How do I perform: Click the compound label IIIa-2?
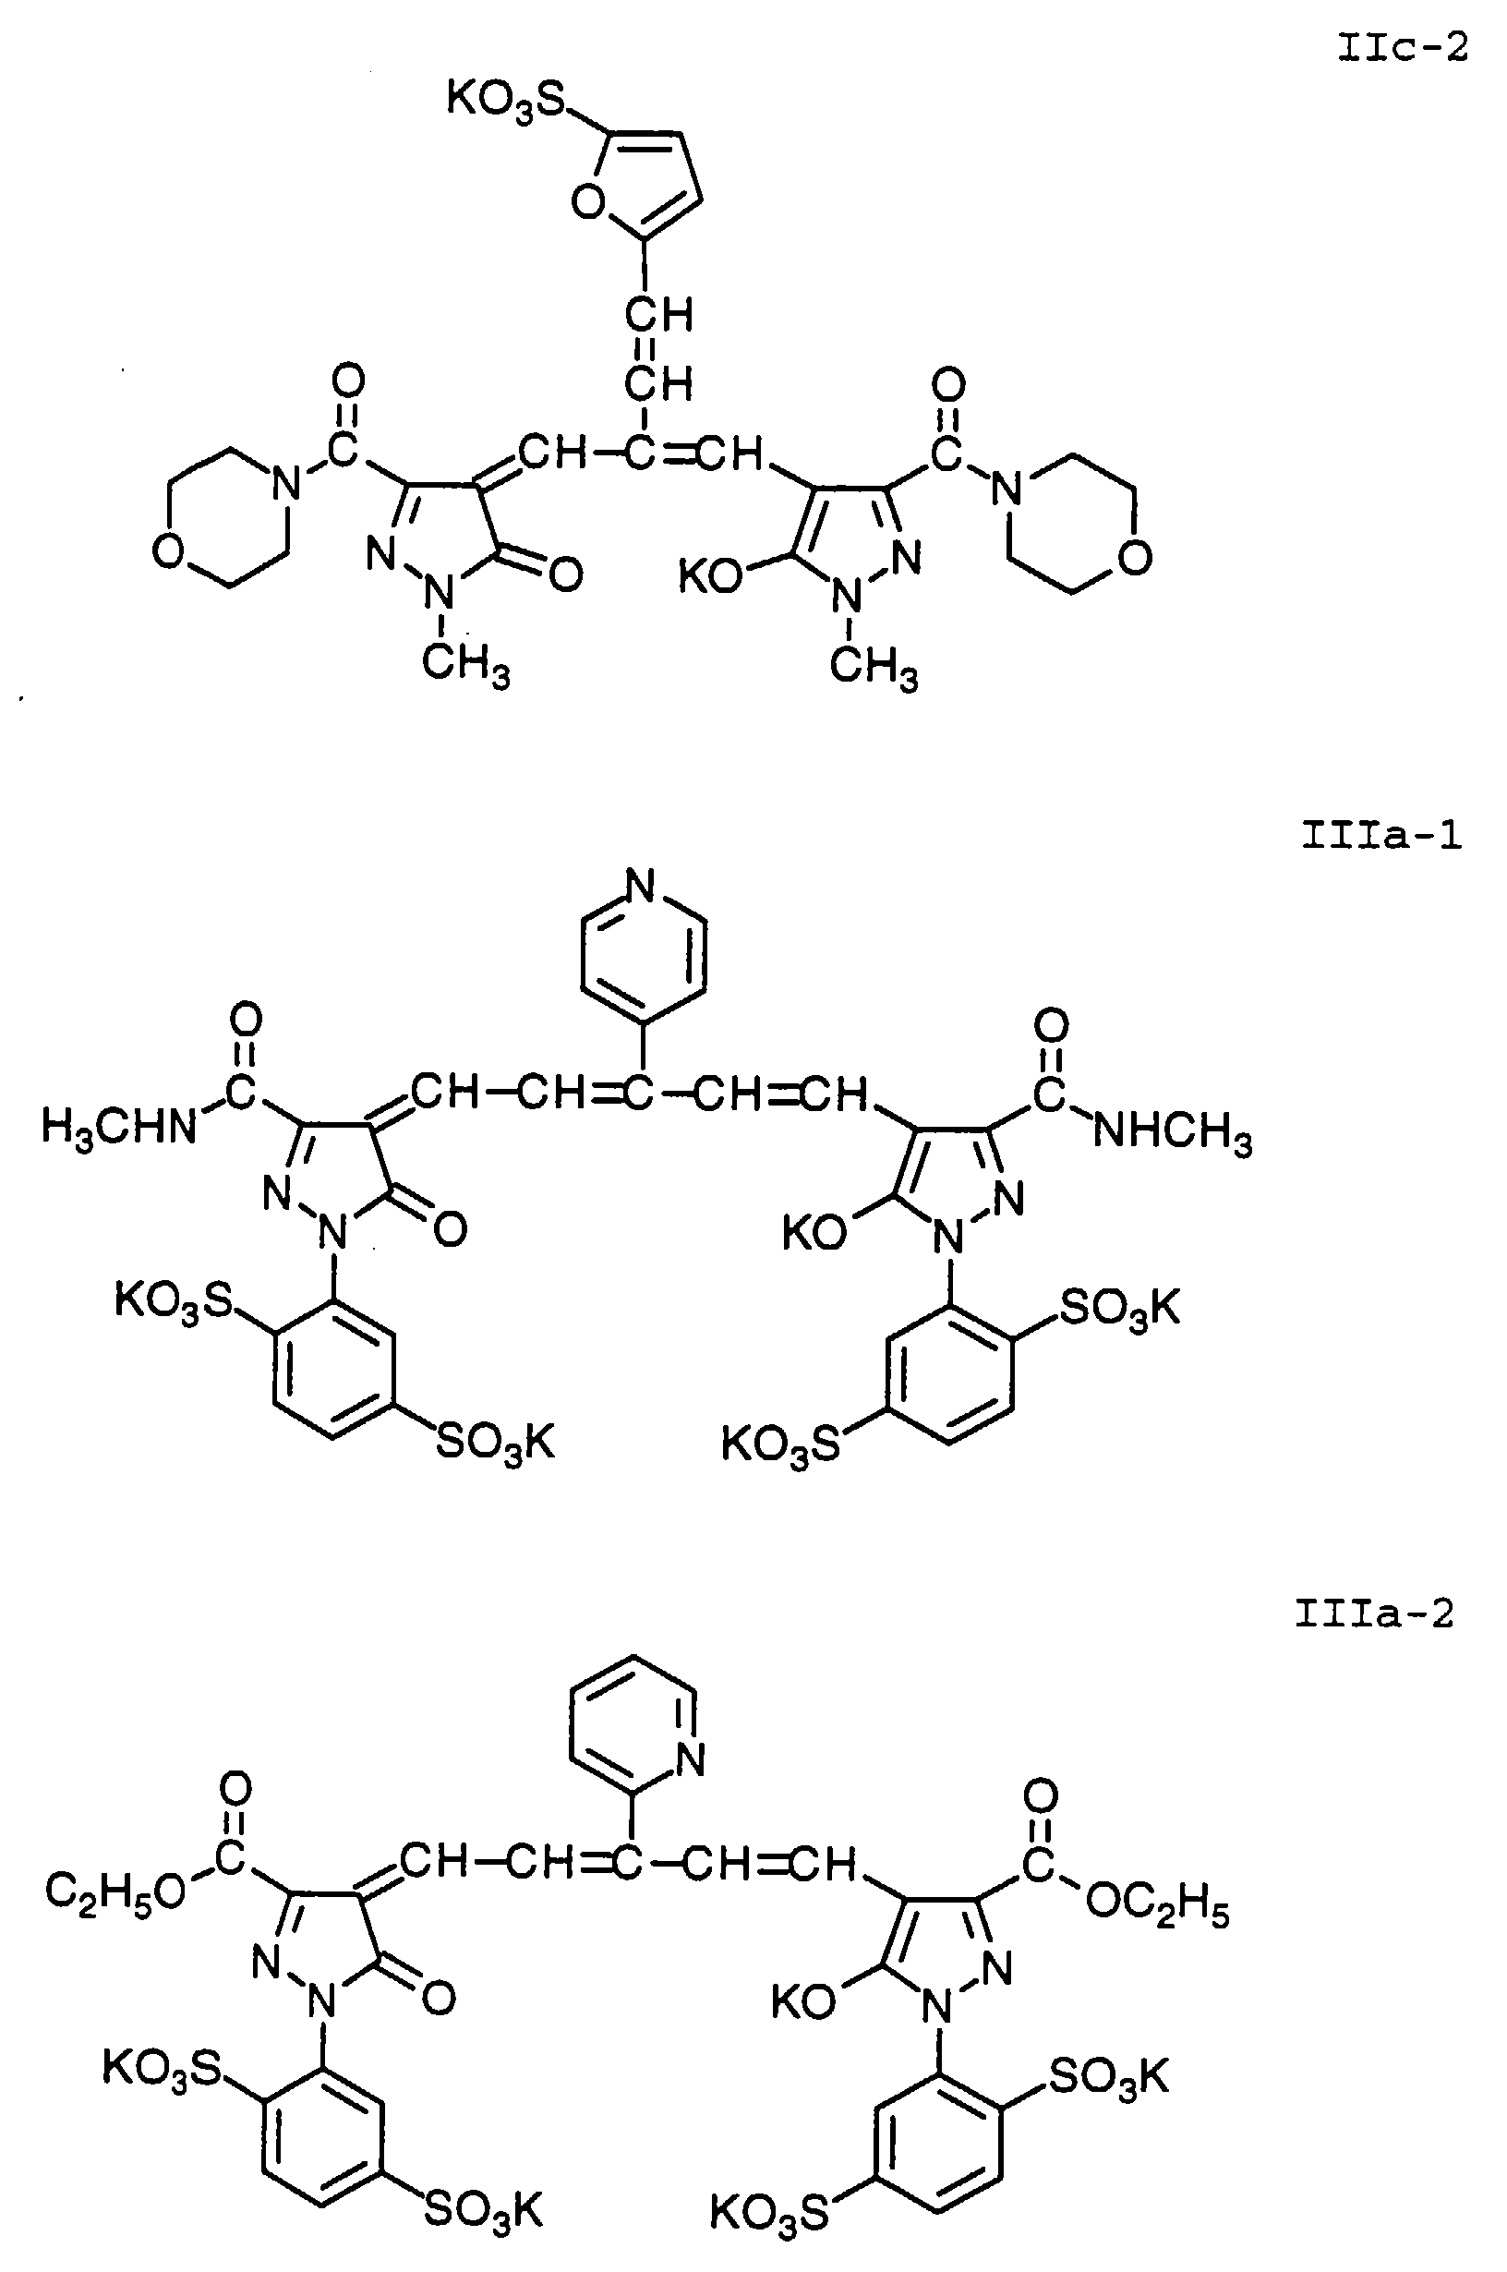click(1373, 1613)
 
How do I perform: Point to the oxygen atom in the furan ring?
click(587, 203)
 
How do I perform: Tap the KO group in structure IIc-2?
click(710, 576)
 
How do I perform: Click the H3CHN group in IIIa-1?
click(118, 1129)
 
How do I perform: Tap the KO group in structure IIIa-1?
click(814, 1233)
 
